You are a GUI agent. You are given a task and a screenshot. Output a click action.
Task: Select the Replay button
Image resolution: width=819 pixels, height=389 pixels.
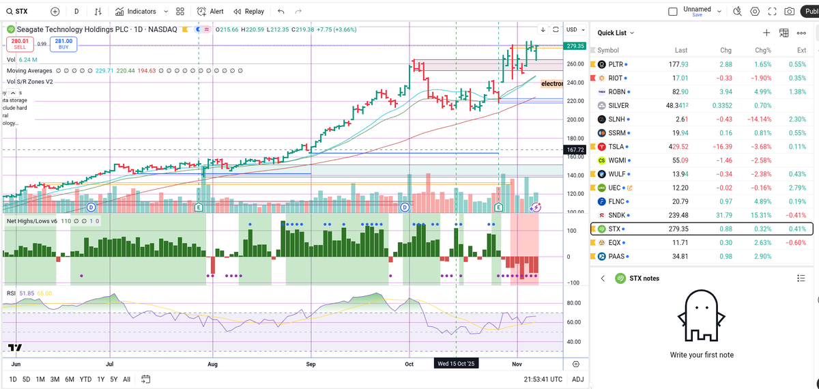coord(249,12)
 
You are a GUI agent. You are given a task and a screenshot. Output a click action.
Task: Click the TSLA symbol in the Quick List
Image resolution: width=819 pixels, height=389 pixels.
coord(616,147)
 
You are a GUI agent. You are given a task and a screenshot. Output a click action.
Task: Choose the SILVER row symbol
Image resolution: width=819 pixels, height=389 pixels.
coord(618,106)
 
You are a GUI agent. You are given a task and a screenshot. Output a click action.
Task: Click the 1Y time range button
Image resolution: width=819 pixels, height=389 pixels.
coord(100,379)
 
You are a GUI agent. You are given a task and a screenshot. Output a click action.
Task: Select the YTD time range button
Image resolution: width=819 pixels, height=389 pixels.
coord(85,379)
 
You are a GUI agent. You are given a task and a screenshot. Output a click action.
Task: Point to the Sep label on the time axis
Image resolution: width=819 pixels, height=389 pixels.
coord(311,364)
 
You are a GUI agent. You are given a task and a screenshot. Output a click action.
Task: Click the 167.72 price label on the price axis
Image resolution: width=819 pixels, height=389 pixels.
coord(575,149)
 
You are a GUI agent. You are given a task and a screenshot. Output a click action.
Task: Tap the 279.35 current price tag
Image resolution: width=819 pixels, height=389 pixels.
coord(575,46)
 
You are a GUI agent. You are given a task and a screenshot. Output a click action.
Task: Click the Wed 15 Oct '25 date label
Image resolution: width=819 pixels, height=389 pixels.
coord(457,364)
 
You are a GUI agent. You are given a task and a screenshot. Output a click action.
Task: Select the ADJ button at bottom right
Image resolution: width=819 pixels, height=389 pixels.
coord(577,379)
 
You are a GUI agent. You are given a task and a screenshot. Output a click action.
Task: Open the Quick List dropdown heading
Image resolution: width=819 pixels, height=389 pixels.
coord(616,33)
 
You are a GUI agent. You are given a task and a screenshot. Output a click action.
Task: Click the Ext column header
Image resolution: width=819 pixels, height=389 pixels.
coord(801,51)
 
